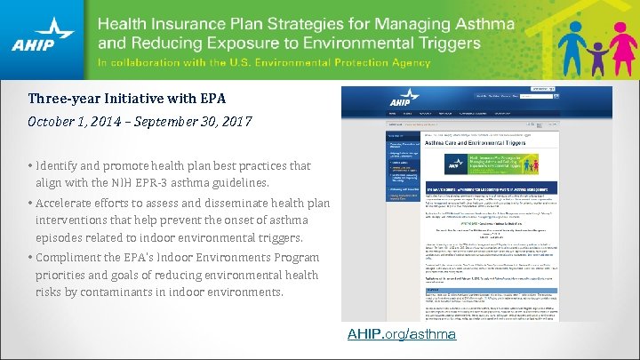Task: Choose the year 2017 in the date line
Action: (236, 120)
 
